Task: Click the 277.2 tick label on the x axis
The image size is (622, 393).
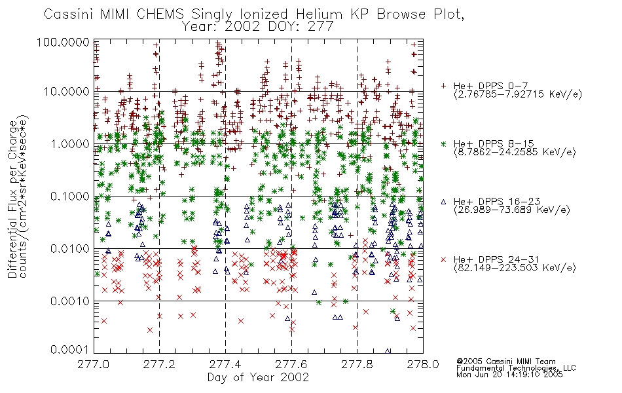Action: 159,364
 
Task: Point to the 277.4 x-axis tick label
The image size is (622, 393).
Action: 225,364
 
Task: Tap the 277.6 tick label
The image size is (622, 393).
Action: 291,364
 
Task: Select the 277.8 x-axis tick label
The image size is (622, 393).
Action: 357,364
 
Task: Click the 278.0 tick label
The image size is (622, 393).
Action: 423,364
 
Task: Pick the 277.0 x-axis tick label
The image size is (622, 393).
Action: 94,364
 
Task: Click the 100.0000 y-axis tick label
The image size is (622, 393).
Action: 64,42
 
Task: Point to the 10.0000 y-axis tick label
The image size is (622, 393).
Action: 67,92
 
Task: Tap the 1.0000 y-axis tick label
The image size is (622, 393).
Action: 70,143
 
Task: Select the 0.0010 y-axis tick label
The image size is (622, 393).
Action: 70,301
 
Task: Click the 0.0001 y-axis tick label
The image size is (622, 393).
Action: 70,350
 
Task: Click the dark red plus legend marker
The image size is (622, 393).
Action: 443,86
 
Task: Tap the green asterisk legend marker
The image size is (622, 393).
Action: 443,143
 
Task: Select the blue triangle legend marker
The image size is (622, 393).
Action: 443,202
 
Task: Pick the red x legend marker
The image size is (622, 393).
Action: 443,259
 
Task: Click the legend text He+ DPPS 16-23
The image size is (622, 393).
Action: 497,202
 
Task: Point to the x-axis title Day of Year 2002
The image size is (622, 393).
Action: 258,377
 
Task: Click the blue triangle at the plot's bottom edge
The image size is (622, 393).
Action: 388,351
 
